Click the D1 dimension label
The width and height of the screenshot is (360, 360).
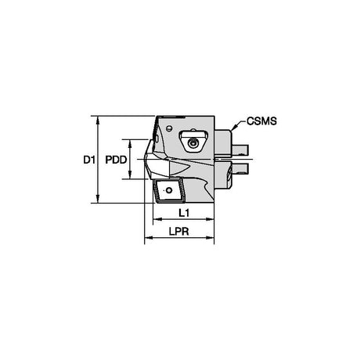[89, 160]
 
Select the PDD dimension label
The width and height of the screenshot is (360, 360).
[116, 160]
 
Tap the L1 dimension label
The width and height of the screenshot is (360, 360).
[184, 213]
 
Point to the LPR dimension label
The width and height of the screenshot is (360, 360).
[178, 232]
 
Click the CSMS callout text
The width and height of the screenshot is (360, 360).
[261, 121]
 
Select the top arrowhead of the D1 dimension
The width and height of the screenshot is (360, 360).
[98, 121]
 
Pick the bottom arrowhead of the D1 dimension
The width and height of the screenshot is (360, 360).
[98, 199]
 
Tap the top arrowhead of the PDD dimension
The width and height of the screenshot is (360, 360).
[130, 144]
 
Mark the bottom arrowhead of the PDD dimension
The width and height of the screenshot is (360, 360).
[130, 175]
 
